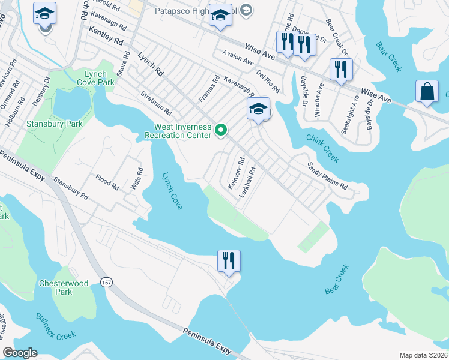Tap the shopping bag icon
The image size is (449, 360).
click(427, 92)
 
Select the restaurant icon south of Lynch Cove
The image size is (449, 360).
click(229, 261)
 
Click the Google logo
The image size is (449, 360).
click(20, 353)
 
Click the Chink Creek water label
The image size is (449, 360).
click(323, 148)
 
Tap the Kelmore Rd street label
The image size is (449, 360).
click(236, 173)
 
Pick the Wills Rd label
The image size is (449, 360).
click(136, 179)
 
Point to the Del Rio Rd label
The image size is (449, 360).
click(268, 81)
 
